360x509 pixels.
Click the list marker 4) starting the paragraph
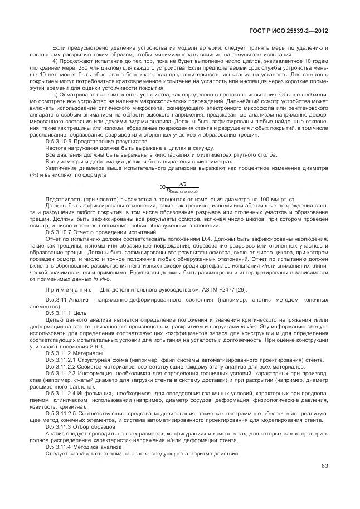pyautogui.click(x=56, y=60)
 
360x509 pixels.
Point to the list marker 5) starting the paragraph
pyautogui.click(x=56, y=95)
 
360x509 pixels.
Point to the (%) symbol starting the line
pyautogui.click(x=36, y=174)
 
